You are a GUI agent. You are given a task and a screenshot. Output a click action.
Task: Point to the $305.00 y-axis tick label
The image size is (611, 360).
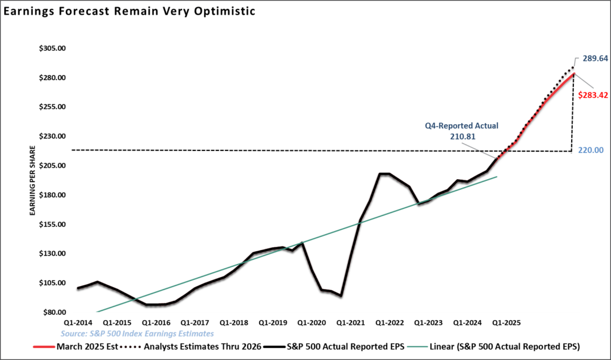point(52,48)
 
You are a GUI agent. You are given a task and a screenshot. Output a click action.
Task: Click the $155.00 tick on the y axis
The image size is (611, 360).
point(52,224)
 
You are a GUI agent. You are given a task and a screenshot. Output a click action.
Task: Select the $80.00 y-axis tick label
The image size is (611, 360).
point(54,312)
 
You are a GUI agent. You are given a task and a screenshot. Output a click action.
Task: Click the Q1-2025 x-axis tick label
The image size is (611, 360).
point(505,322)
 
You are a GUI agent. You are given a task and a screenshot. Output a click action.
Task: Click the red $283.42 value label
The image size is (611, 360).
point(593,94)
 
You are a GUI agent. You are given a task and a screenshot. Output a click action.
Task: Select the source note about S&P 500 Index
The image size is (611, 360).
point(136,333)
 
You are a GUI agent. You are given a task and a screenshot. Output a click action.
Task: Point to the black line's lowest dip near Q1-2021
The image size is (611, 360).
point(340,296)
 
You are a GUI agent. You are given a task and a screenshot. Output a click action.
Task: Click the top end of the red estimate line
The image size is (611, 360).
point(574,74)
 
